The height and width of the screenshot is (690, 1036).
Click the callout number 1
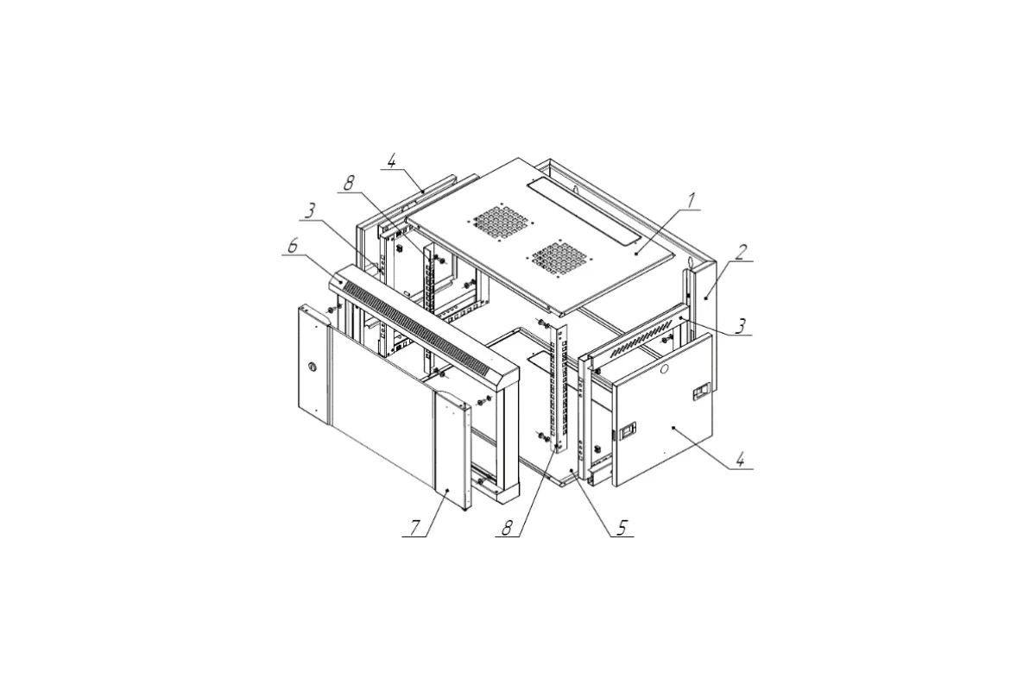click(690, 201)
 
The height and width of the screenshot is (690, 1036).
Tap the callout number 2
click(741, 253)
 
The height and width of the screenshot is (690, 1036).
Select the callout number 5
click(622, 528)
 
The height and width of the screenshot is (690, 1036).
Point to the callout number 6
click(293, 246)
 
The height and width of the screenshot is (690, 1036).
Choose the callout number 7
click(416, 528)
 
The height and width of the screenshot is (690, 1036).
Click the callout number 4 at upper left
click(392, 161)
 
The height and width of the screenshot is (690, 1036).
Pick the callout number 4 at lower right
click(741, 461)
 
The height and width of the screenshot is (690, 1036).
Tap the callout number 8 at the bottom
click(507, 528)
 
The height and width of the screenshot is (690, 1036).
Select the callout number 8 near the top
click(348, 184)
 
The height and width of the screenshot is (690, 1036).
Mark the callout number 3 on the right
click(741, 326)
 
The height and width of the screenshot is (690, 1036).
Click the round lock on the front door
click(313, 367)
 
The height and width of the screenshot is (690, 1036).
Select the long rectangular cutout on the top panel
click(584, 212)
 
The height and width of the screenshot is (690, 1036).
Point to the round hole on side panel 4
click(664, 369)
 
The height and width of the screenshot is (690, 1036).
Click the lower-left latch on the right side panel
click(629, 430)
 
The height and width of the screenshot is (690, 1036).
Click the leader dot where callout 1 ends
click(636, 254)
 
